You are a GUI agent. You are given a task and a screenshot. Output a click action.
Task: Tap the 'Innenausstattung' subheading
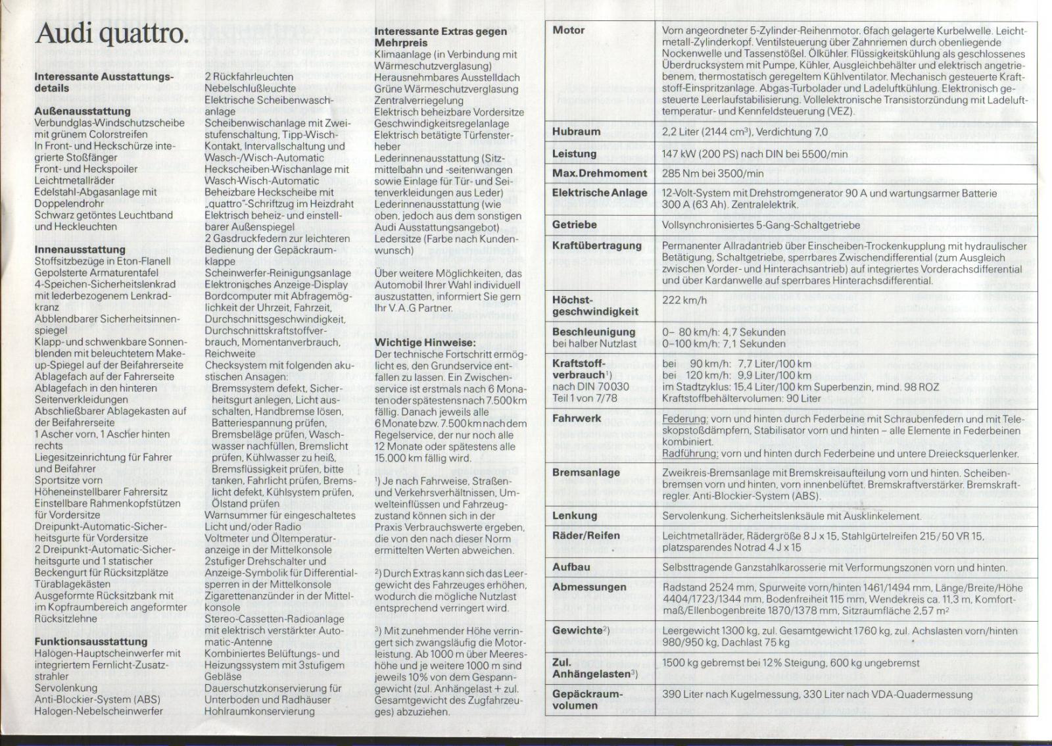click(80, 249)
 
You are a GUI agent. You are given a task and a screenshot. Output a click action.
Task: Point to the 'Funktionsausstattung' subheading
click(91, 641)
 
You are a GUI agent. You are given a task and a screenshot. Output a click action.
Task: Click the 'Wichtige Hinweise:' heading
click(425, 342)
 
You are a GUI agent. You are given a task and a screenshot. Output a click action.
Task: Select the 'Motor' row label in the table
click(569, 30)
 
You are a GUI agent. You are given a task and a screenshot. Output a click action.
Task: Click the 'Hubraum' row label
click(576, 132)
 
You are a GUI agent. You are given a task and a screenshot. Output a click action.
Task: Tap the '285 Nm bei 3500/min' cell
click(713, 174)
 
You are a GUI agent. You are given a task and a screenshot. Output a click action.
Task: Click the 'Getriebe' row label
click(574, 225)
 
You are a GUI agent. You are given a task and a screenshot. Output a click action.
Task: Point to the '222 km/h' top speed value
click(684, 300)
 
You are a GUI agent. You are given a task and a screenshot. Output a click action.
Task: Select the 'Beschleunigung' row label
click(594, 332)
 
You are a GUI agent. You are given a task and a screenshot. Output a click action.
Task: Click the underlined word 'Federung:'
click(684, 419)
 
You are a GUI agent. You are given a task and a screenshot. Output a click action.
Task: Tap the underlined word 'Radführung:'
click(689, 453)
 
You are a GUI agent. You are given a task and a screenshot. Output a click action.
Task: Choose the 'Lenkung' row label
click(574, 516)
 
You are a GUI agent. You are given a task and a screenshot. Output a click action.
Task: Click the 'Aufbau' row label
click(571, 567)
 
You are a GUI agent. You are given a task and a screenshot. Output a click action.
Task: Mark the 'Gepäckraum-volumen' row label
click(586, 700)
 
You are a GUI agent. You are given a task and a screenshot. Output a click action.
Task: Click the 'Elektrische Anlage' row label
click(600, 193)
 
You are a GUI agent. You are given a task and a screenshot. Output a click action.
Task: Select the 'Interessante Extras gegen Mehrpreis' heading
click(441, 37)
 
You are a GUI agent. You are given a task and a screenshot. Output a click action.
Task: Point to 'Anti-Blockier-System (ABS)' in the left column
click(97, 699)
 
